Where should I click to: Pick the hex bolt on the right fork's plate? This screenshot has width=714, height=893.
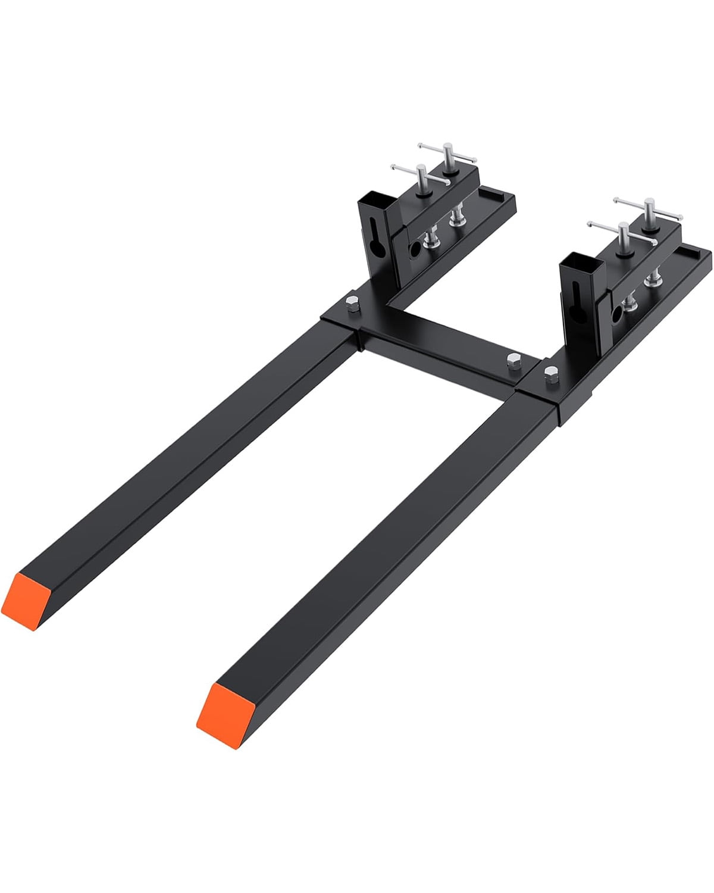(x=551, y=372)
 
